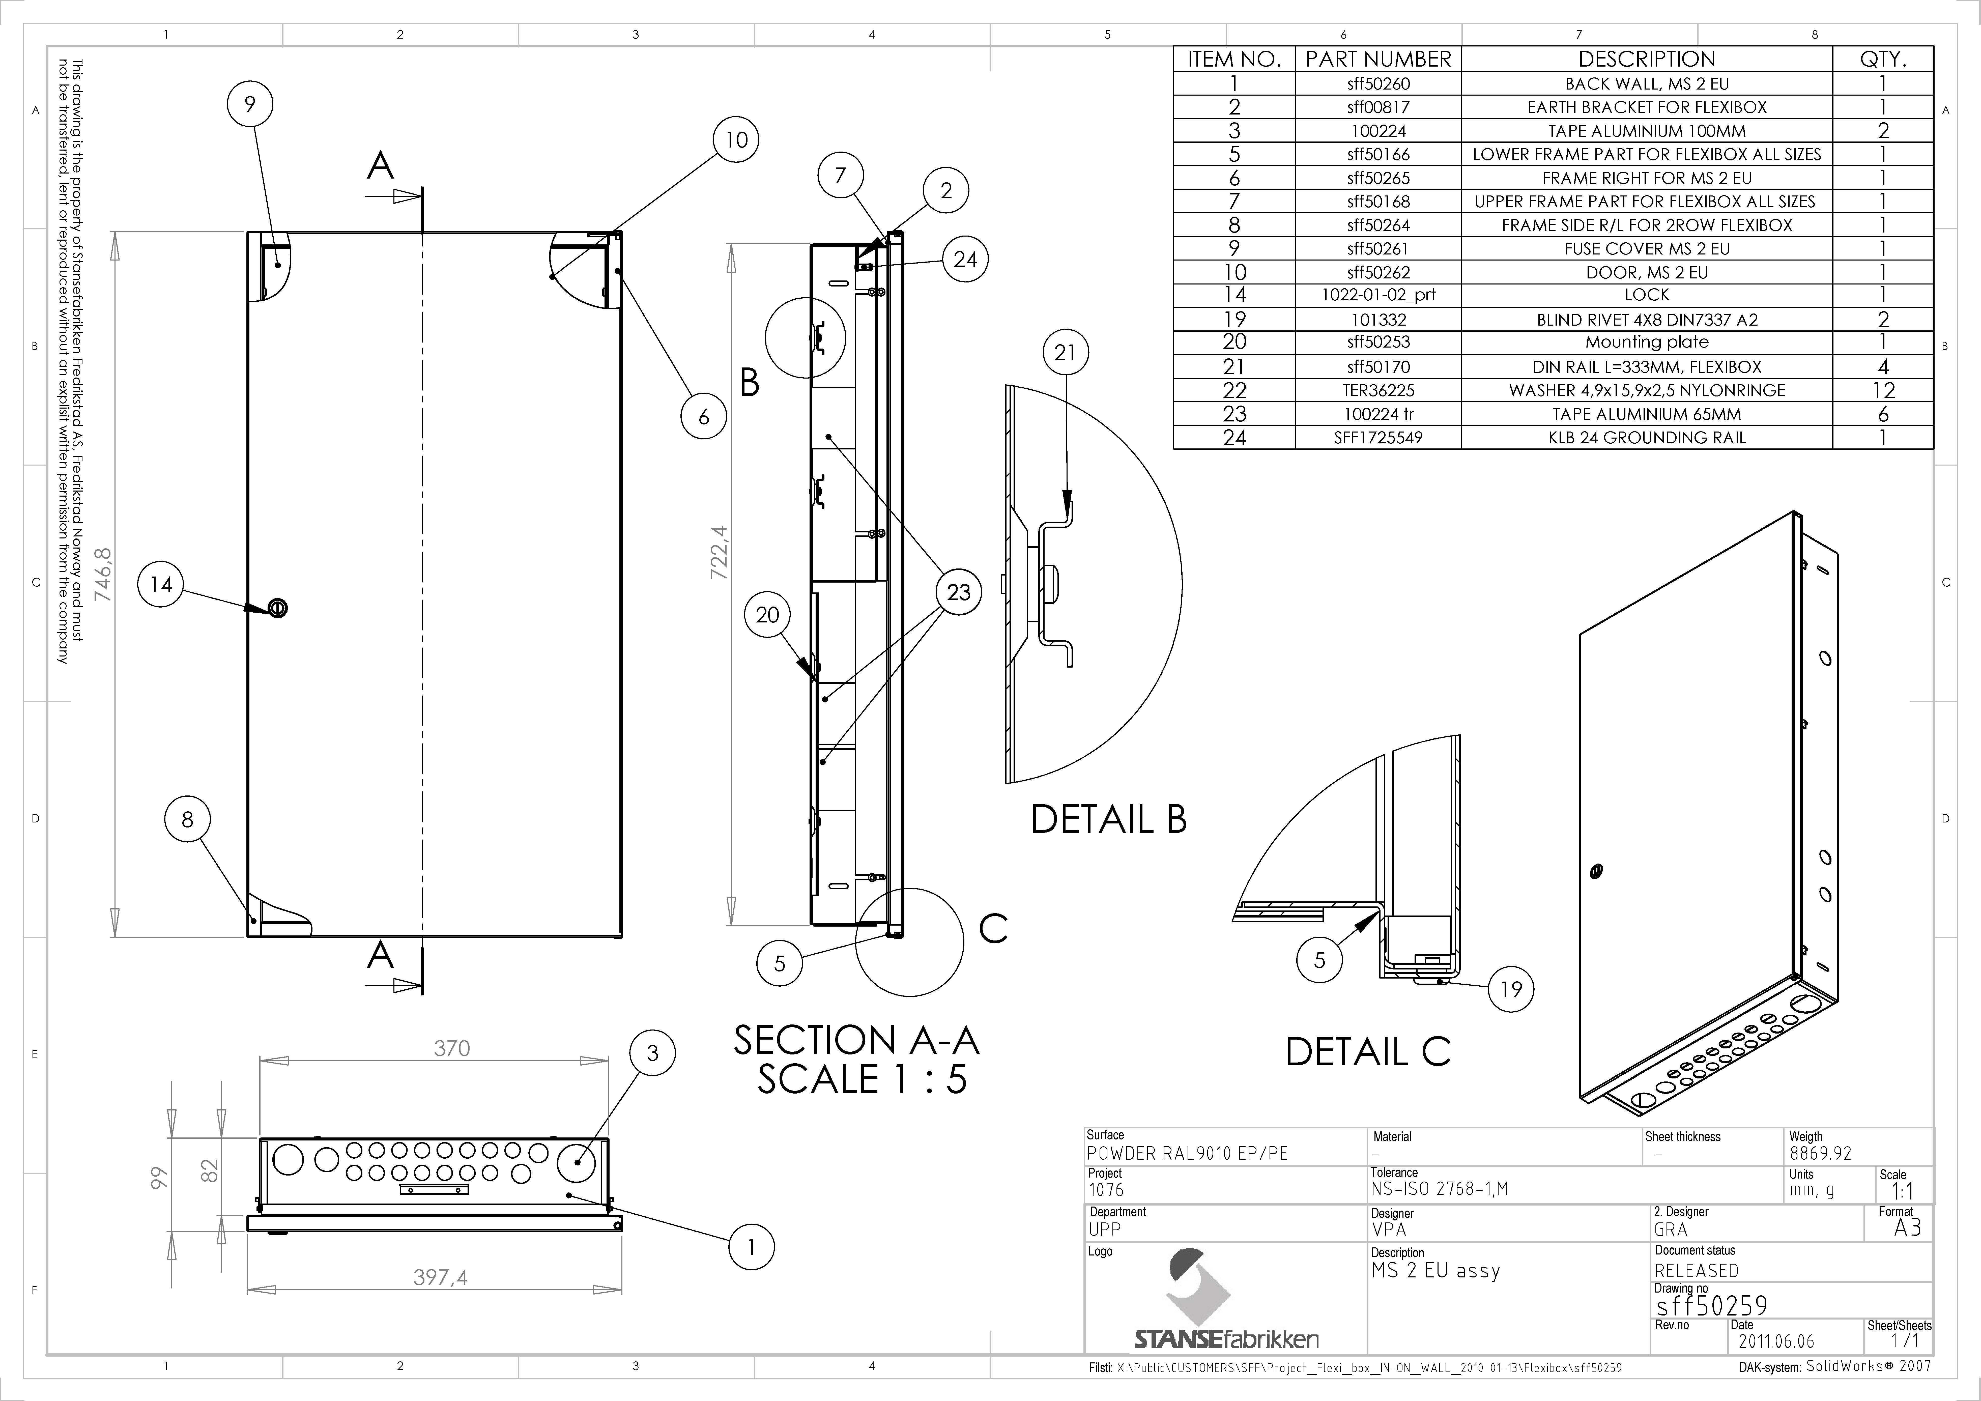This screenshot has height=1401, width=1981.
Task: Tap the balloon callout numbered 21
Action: (1066, 353)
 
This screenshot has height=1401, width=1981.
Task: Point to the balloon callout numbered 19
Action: (1512, 989)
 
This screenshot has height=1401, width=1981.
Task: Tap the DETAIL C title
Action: (1368, 1051)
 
